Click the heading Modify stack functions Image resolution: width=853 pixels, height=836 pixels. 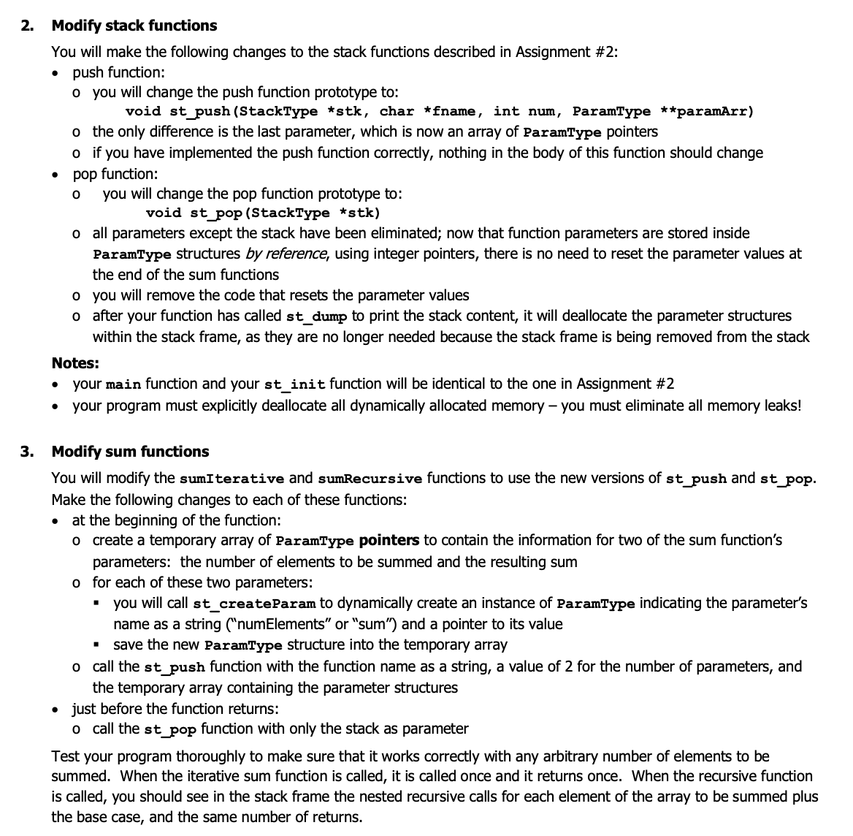point(134,26)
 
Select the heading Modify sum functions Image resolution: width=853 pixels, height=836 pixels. point(130,452)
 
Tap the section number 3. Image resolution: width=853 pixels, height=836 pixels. point(26,452)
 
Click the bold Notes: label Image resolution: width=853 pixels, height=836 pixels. point(75,363)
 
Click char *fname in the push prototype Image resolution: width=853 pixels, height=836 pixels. point(429,112)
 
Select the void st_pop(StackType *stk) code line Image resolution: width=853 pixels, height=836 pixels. point(263,213)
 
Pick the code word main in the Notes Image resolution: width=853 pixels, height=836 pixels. point(123,384)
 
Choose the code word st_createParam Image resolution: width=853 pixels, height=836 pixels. point(253,604)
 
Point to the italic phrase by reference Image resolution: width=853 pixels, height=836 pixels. point(286,254)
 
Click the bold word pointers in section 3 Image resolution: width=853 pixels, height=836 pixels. point(389,541)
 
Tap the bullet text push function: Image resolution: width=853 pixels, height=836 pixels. point(118,72)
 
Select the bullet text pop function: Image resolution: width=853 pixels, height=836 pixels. point(115,174)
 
